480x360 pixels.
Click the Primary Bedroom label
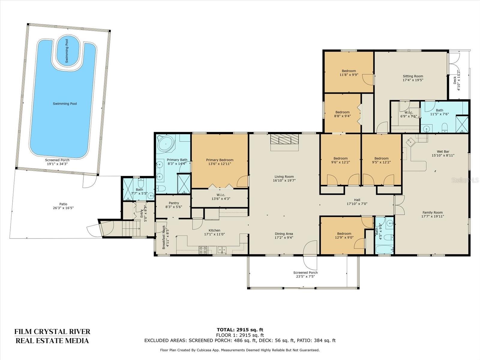point(220,160)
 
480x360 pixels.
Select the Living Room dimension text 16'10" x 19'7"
point(284,181)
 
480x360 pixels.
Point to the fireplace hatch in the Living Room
point(284,139)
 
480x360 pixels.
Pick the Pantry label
point(174,203)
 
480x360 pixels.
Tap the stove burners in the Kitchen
point(203,250)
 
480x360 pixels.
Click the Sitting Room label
point(413,76)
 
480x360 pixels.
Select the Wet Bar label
point(443,151)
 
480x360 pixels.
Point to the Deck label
point(455,80)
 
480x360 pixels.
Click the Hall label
point(357,200)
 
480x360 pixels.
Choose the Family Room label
point(433,212)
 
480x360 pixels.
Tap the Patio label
point(63,204)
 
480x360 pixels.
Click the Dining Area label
point(284,234)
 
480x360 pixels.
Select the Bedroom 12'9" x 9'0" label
point(344,235)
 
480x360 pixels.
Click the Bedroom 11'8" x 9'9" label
point(349,73)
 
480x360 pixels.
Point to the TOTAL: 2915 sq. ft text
point(240,330)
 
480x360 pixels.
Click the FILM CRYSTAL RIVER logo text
point(52,331)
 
